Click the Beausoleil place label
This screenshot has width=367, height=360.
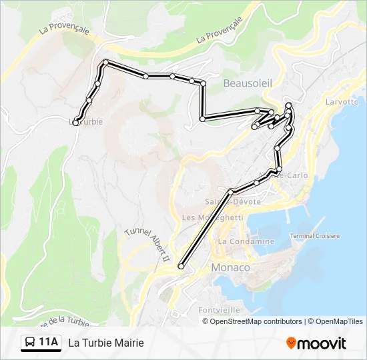tap(248, 83)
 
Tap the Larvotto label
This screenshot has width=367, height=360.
tap(342, 102)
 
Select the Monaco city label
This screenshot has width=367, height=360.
tap(230, 267)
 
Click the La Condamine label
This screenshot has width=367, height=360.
tap(246, 241)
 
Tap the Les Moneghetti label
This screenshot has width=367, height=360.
tap(212, 217)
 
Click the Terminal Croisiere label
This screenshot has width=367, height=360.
tap(315, 236)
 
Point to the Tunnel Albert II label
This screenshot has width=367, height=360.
tap(148, 244)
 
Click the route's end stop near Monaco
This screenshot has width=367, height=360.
tap(181, 267)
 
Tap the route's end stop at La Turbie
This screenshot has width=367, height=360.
tap(76, 123)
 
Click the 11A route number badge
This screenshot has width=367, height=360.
tap(49, 343)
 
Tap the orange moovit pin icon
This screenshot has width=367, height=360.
tap(291, 343)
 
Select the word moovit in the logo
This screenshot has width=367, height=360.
tap(322, 343)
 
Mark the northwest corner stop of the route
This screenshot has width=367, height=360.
tap(105, 63)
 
